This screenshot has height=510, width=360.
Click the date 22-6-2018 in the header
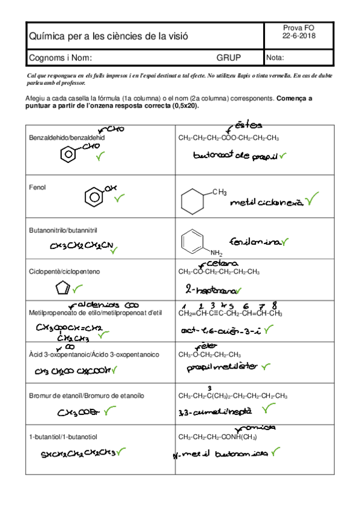click(299, 36)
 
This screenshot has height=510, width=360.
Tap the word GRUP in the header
click(228, 58)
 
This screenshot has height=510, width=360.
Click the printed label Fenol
click(37, 187)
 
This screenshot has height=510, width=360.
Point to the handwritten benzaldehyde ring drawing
click(70, 156)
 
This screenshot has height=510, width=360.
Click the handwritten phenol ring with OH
click(94, 196)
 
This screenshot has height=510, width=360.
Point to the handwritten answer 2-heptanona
click(210, 289)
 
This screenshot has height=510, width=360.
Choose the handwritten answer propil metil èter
click(221, 367)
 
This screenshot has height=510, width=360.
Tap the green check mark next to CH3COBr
click(110, 411)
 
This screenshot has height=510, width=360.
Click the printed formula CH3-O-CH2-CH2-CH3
click(210, 354)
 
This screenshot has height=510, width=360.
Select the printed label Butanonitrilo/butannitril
click(63, 230)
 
